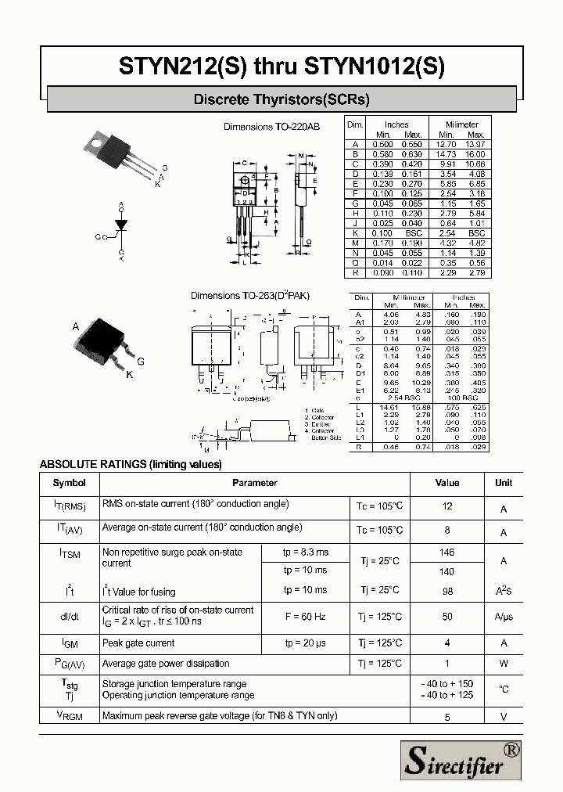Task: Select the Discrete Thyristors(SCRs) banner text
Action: tap(281, 100)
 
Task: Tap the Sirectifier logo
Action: tap(461, 759)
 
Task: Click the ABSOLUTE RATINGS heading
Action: tap(131, 464)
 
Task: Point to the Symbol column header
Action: tap(69, 483)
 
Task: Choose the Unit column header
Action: tap(504, 483)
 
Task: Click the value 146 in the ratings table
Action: tap(447, 553)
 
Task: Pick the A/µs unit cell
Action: tap(504, 617)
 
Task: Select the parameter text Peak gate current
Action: tap(138, 643)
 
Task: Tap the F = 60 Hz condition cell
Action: tap(305, 617)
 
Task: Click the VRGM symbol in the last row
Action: tap(69, 715)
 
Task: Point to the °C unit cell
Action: tap(504, 689)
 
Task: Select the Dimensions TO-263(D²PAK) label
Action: tap(250, 296)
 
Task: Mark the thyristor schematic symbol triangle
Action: tap(121, 226)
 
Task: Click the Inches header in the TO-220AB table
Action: tap(396, 124)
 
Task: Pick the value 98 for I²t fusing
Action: tap(447, 592)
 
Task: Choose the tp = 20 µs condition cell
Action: tap(305, 643)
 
